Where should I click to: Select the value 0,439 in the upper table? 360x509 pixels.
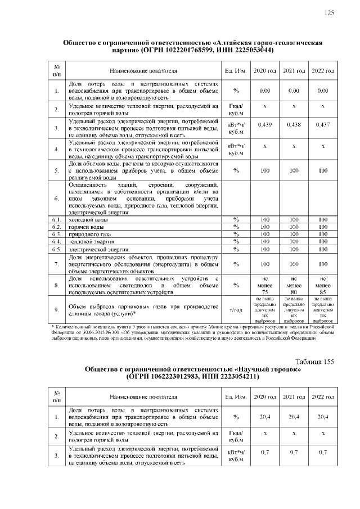tap(264, 125)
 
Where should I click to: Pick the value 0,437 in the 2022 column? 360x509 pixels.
tap(323, 125)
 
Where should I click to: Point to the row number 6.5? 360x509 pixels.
tap(56, 249)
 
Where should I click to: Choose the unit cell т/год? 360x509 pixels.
tap(236, 309)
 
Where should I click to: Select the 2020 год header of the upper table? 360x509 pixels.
tap(264, 71)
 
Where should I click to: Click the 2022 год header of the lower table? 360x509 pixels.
tap(323, 397)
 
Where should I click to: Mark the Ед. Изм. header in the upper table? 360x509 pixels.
tap(236, 71)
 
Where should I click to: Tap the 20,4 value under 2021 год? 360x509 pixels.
tap(294, 417)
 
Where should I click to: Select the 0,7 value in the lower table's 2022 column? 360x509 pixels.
tap(323, 452)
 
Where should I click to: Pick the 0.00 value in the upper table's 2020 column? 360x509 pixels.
tap(264, 91)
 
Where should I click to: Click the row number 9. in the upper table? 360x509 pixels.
tap(56, 309)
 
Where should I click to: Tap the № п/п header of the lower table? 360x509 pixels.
tap(56, 397)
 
